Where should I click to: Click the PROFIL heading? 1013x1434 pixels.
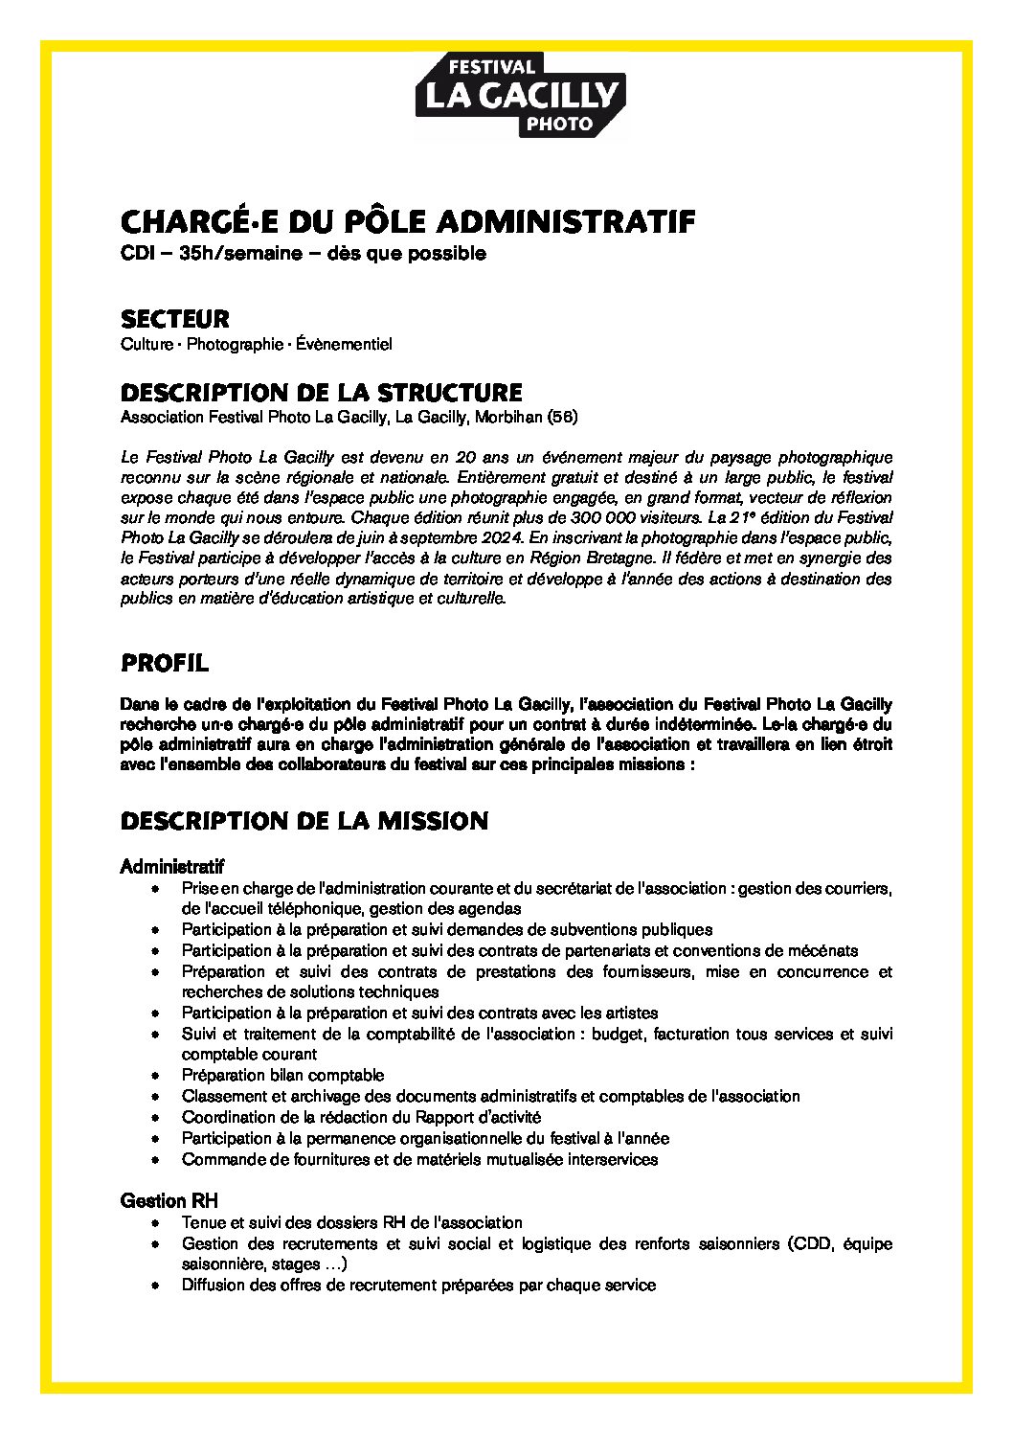[x=164, y=663]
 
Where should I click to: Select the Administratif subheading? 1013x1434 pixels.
[x=172, y=867]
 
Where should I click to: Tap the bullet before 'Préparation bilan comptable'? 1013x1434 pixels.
[x=156, y=1076]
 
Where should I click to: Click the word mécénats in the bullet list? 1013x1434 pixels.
[x=824, y=950]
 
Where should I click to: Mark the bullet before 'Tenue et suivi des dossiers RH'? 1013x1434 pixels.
[x=156, y=1223]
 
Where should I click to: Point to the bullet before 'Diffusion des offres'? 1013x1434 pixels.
[x=156, y=1286]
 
